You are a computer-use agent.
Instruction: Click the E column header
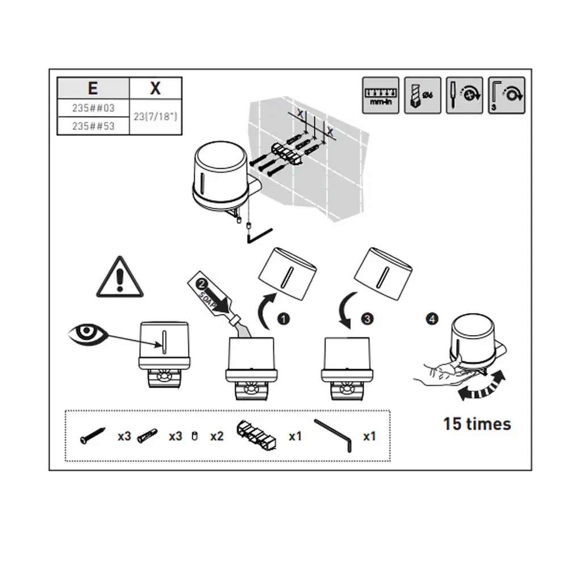[93, 88]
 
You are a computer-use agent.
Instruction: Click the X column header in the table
[155, 88]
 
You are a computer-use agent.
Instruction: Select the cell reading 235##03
[93, 107]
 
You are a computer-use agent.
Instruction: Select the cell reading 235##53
[93, 126]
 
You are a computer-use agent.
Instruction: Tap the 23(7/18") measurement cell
[155, 116]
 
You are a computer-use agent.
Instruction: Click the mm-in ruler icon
[381, 95]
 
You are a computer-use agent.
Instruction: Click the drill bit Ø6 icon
[423, 95]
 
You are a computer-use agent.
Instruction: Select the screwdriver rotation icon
[464, 95]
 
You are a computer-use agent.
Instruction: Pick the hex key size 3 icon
[506, 95]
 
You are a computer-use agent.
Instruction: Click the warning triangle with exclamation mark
[119, 278]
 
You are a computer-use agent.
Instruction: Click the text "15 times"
[477, 424]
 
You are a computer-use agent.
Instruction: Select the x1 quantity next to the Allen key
[370, 436]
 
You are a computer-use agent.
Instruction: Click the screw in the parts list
[92, 436]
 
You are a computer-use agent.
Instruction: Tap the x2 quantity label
[216, 436]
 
